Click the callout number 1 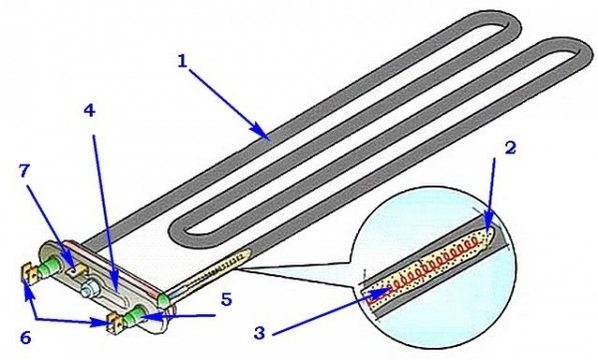click(x=182, y=61)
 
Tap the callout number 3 click(x=259, y=333)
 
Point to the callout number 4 click(x=89, y=111)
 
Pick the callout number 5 click(x=226, y=300)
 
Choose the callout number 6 click(x=25, y=338)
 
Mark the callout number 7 click(x=24, y=172)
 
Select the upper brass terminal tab click(x=30, y=272)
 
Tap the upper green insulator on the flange click(x=51, y=264)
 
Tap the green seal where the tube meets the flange click(x=163, y=300)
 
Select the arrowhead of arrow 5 click(x=147, y=316)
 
